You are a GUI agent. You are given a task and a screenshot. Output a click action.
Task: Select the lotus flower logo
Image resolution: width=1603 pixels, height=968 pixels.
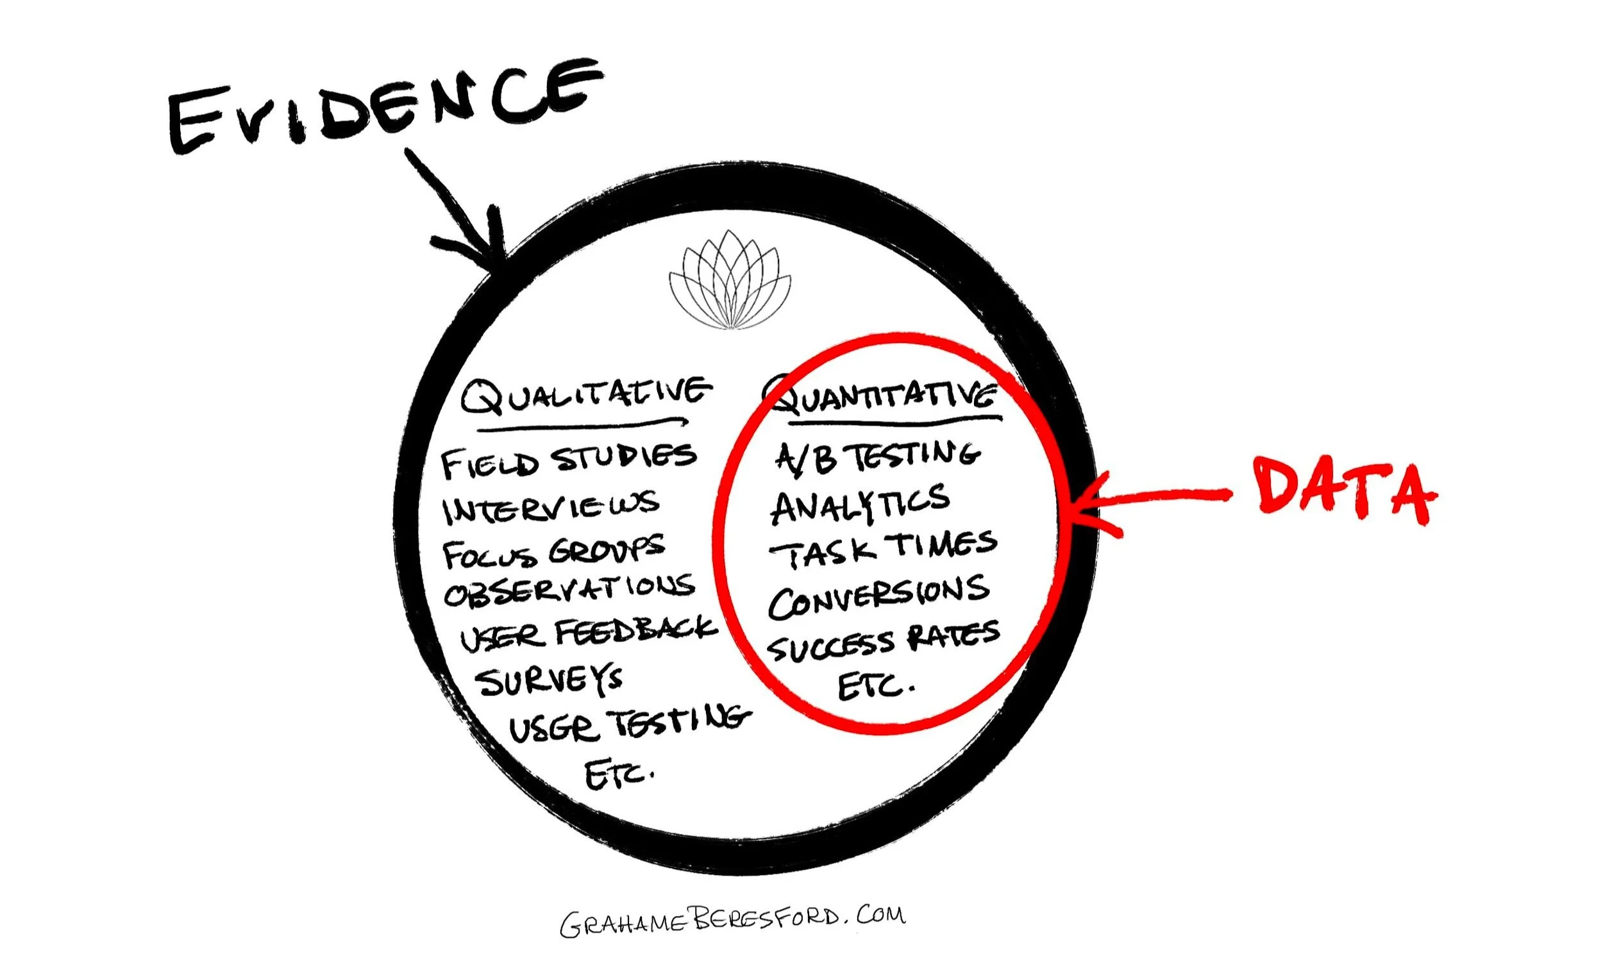click(x=730, y=279)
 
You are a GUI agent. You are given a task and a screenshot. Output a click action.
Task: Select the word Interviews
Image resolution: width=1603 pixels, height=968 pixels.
click(x=550, y=508)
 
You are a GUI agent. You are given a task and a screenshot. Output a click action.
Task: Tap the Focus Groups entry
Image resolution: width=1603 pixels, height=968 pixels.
click(x=553, y=553)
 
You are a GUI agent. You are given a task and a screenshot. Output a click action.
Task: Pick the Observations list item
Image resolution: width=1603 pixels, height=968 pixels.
click(x=569, y=590)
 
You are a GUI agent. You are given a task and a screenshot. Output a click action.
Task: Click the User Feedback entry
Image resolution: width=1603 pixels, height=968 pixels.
click(x=588, y=633)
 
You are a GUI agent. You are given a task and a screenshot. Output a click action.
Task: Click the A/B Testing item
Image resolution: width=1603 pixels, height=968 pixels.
click(x=877, y=455)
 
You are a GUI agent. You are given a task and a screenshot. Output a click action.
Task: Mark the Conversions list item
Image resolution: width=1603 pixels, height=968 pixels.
click(x=878, y=596)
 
